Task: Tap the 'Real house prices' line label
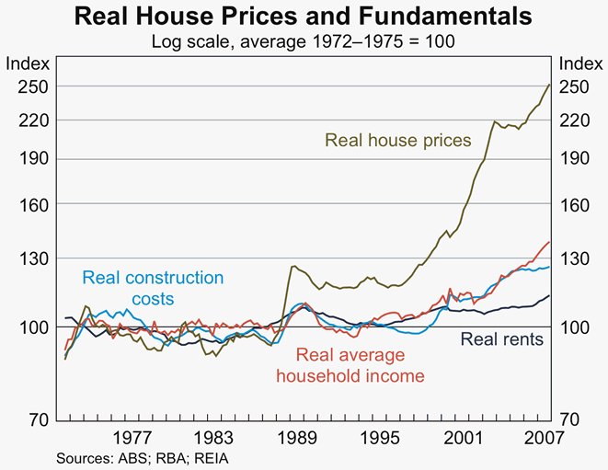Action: tap(397, 141)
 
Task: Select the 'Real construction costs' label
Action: tap(153, 288)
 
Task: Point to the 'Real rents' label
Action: tap(501, 339)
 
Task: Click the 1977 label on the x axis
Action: tap(134, 438)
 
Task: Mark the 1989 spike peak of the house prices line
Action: tap(293, 266)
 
